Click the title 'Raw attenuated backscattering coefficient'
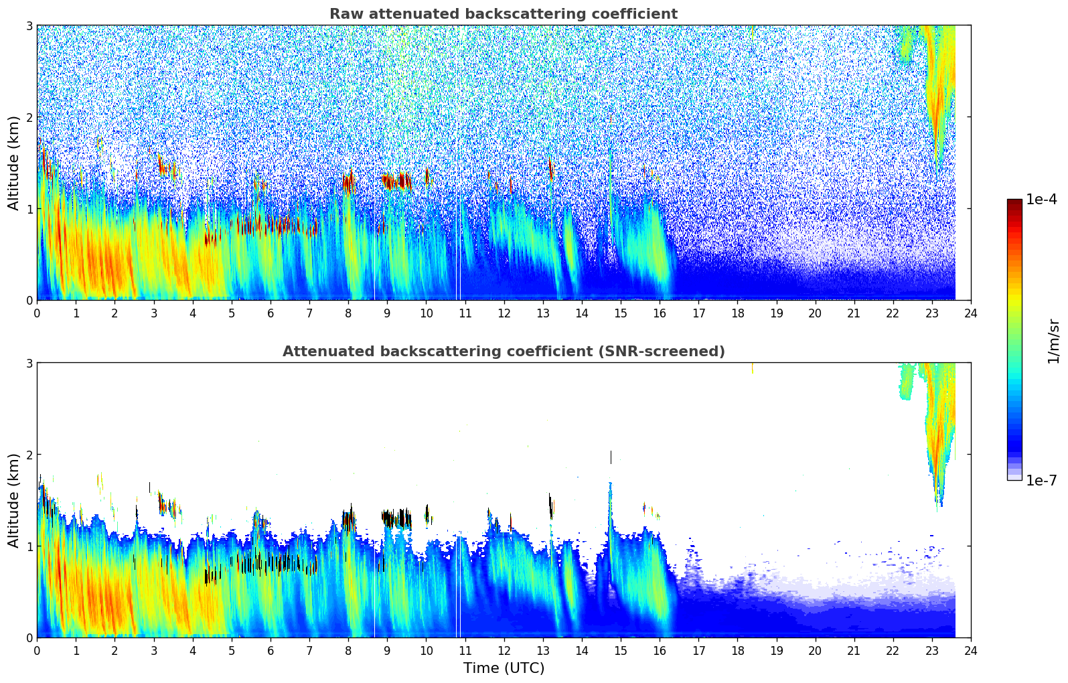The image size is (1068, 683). [503, 14]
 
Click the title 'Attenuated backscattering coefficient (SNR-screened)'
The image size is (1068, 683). [503, 352]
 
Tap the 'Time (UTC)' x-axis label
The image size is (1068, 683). [504, 668]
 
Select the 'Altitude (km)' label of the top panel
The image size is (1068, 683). [13, 163]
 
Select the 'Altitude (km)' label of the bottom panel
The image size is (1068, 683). [13, 500]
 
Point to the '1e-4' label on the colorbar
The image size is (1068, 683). [1041, 200]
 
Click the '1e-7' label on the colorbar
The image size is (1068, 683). [1041, 480]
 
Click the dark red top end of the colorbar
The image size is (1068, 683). [1014, 202]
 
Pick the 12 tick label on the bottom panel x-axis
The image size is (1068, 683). [504, 650]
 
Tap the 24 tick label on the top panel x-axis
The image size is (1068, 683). [970, 313]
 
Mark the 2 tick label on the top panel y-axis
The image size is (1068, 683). [29, 117]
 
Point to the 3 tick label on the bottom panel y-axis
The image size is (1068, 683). [29, 363]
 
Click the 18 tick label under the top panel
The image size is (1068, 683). [737, 313]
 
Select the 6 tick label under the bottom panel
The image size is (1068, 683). [271, 650]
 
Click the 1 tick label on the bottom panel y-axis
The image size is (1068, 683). [29, 546]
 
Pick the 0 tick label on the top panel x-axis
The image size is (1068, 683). [37, 313]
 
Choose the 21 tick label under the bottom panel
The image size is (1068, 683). [854, 650]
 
